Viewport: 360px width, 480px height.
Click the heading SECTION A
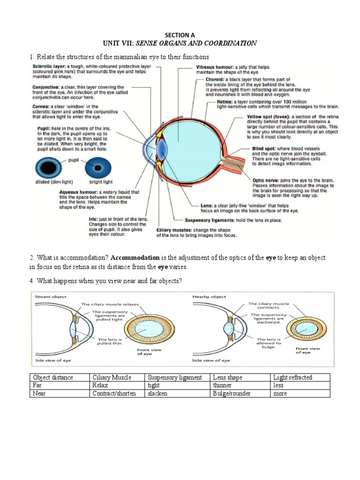[180, 35]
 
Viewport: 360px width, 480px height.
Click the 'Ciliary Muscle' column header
[112, 377]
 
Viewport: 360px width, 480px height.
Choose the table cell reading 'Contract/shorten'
[114, 393]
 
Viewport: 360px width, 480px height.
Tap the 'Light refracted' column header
[292, 377]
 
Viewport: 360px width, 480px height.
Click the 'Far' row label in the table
[37, 385]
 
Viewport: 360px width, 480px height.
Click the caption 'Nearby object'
[210, 297]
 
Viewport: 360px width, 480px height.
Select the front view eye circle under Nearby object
[307, 330]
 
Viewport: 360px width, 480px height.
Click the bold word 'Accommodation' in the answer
[135, 258]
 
